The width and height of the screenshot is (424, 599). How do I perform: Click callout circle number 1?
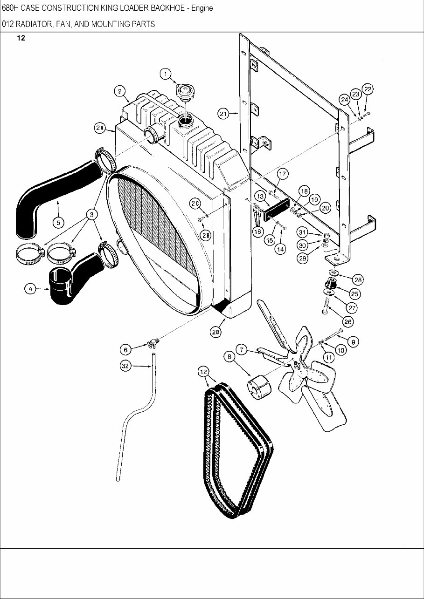[x=166, y=74]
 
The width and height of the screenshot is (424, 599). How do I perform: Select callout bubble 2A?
[x=100, y=129]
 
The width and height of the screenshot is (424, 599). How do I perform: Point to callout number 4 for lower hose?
[x=30, y=289]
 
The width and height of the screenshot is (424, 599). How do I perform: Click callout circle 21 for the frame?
[x=223, y=113]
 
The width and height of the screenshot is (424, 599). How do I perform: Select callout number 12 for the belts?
[x=203, y=371]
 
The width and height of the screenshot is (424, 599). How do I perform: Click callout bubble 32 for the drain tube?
[x=125, y=366]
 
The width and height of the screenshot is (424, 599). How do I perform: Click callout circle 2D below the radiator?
[x=215, y=332]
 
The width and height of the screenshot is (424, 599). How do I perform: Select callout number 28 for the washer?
[x=358, y=279]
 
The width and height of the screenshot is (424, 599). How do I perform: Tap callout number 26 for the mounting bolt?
[x=348, y=321]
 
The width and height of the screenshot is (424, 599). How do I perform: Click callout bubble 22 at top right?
[x=368, y=89]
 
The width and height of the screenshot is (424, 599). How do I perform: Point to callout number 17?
[x=283, y=174]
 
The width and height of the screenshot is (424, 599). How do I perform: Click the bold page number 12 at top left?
[x=21, y=38]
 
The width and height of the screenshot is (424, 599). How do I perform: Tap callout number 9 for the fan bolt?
[x=353, y=342]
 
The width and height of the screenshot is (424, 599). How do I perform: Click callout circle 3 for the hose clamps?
[x=92, y=214]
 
